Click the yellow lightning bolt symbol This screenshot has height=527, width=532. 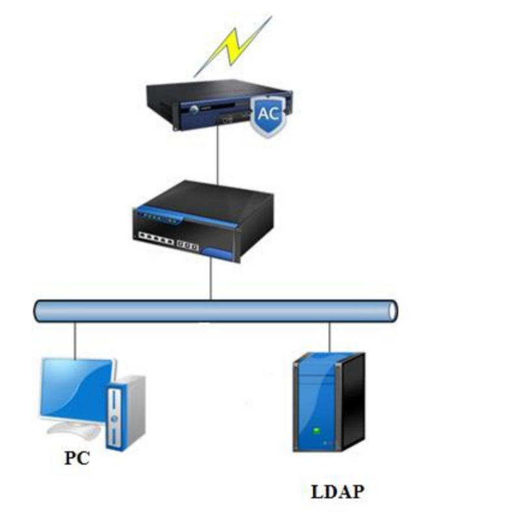tap(233, 46)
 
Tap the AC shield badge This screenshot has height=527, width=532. tap(268, 115)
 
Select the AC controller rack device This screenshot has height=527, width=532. tap(208, 104)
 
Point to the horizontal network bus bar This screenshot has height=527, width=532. tap(215, 311)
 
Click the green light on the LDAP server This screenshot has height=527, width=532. tap(316, 430)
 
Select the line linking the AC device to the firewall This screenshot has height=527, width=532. tap(217, 156)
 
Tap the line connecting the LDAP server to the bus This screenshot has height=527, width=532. tap(329, 337)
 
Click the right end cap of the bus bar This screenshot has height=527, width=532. tap(392, 311)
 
